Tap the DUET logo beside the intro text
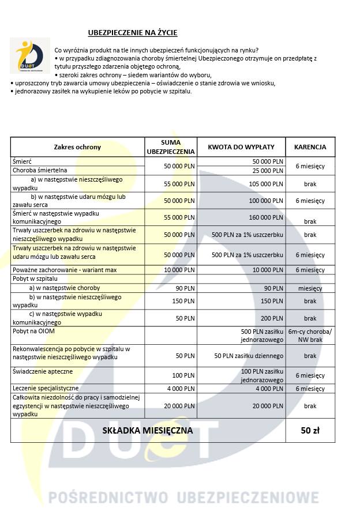tap(29, 55)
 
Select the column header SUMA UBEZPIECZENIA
tap(171, 146)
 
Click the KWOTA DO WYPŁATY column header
tap(241, 146)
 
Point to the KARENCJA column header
tap(310, 146)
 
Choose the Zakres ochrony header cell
tap(77, 146)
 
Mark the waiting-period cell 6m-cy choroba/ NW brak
tap(310, 335)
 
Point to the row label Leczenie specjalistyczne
tap(46, 388)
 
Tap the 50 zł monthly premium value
tap(310, 431)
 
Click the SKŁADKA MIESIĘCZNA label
tap(148, 431)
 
